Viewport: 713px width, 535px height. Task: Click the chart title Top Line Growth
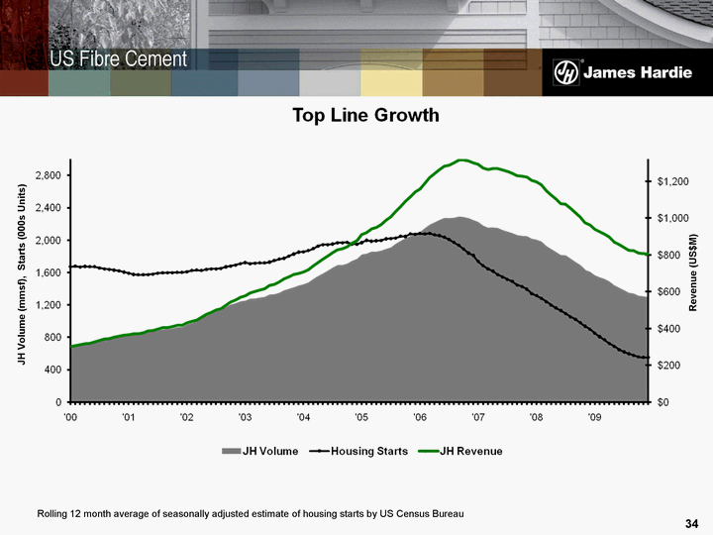(x=364, y=116)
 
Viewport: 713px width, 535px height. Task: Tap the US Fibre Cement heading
(x=120, y=59)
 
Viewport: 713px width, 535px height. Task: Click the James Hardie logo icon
(x=564, y=73)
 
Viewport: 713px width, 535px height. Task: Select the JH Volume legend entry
(x=260, y=452)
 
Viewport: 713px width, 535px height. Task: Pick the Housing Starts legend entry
(x=356, y=452)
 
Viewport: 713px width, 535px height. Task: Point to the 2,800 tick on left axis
(x=48, y=175)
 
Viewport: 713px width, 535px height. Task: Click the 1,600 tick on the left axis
(x=48, y=272)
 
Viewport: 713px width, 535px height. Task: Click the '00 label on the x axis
(x=70, y=418)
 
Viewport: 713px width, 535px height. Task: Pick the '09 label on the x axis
(x=594, y=418)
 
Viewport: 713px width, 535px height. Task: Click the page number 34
(x=692, y=522)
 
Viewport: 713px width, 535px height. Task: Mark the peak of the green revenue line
(x=461, y=160)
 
